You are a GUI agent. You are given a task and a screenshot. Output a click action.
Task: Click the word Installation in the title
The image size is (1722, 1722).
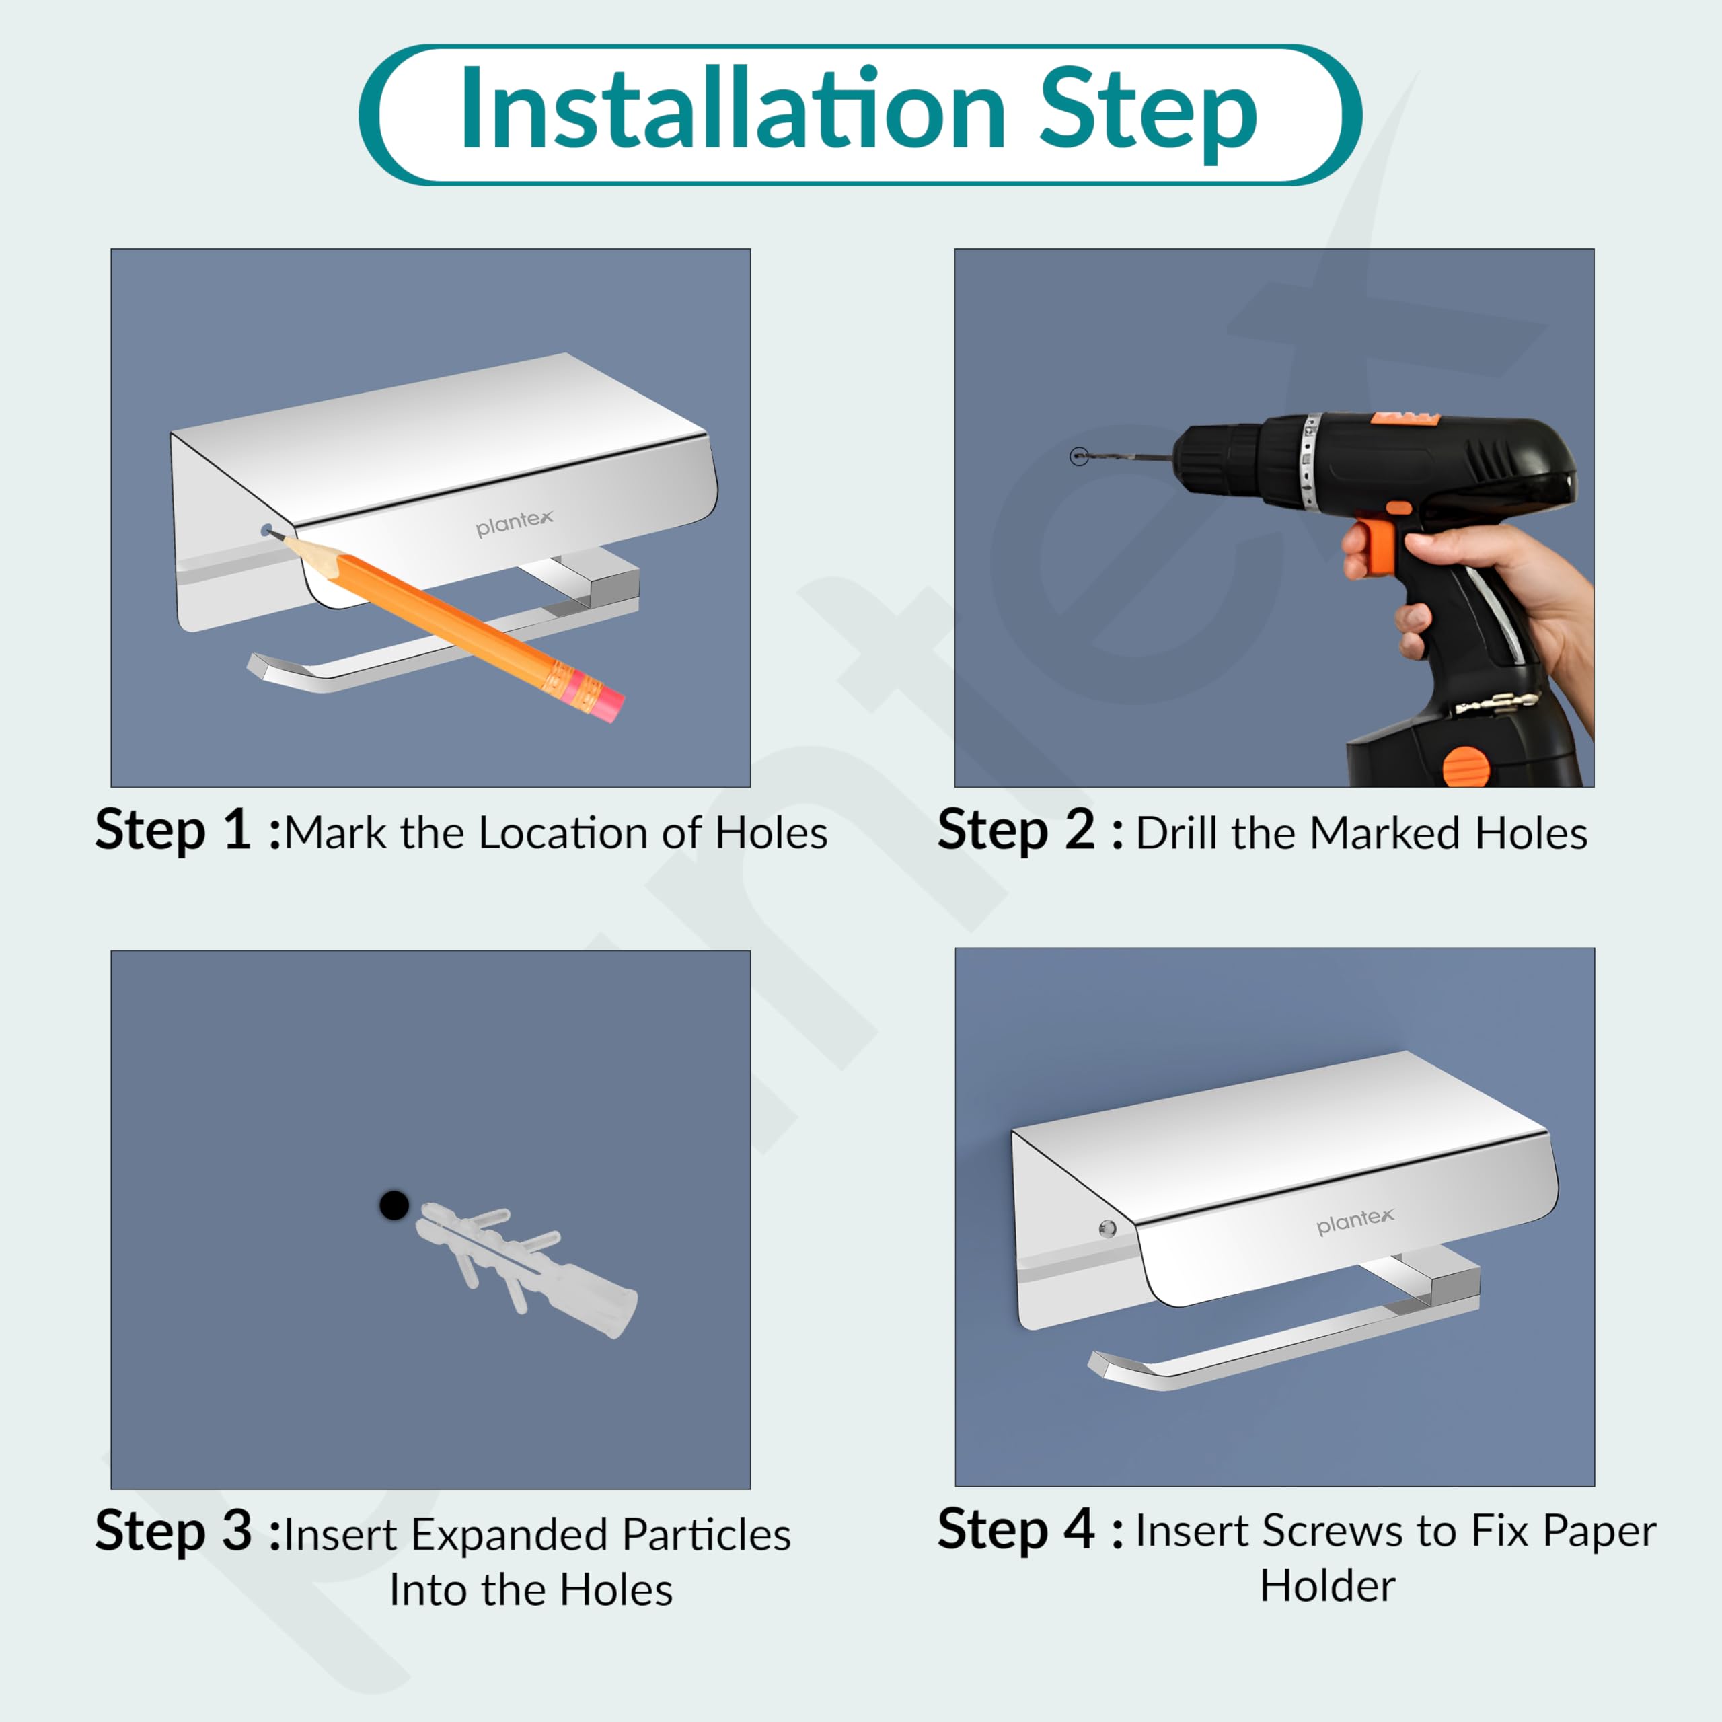coord(733,110)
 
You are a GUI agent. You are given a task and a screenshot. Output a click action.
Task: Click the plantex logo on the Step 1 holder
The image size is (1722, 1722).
coord(515,523)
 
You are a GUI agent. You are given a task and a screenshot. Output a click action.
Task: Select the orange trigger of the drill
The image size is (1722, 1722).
coord(1374,546)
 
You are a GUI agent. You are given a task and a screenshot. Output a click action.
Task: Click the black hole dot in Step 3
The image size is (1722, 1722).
coord(394,1205)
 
